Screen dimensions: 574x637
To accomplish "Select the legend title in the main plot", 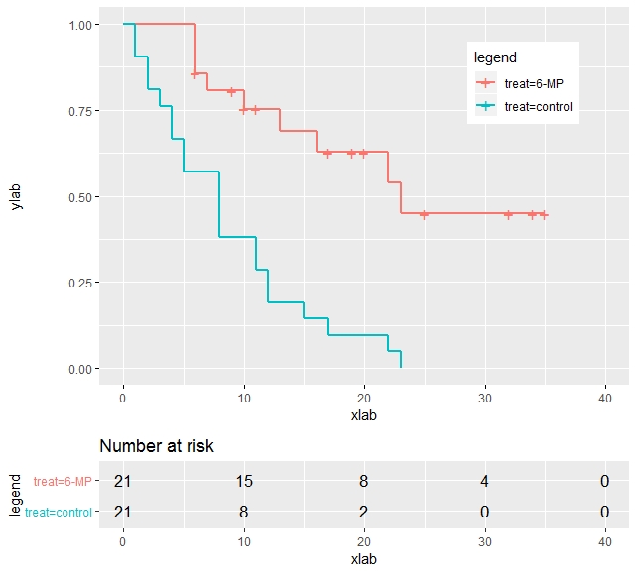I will pyautogui.click(x=494, y=57).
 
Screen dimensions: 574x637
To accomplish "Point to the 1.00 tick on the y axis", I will pyautogui.click(x=83, y=24).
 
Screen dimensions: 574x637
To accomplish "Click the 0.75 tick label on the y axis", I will pyautogui.click(x=83, y=110).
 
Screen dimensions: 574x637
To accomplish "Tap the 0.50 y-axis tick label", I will pyautogui.click(x=83, y=196).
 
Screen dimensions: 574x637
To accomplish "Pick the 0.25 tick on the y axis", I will pyautogui.click(x=83, y=283).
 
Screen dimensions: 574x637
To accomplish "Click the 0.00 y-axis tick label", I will pyautogui.click(x=83, y=369).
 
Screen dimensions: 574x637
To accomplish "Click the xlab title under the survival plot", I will pyautogui.click(x=364, y=415).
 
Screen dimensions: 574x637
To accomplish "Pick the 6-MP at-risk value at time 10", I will pyautogui.click(x=243, y=482).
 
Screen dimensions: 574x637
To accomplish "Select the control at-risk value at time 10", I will pyautogui.click(x=243, y=512).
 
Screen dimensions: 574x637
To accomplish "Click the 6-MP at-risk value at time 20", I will pyautogui.click(x=364, y=482).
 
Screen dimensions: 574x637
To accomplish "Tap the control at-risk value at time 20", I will pyautogui.click(x=364, y=512).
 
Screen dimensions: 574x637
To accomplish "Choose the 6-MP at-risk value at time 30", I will pyautogui.click(x=484, y=482).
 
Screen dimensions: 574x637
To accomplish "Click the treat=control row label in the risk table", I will pyautogui.click(x=59, y=512).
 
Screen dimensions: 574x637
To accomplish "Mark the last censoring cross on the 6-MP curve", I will pyautogui.click(x=544, y=215).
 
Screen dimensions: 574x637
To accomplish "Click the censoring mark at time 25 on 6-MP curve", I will pyautogui.click(x=424, y=214).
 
